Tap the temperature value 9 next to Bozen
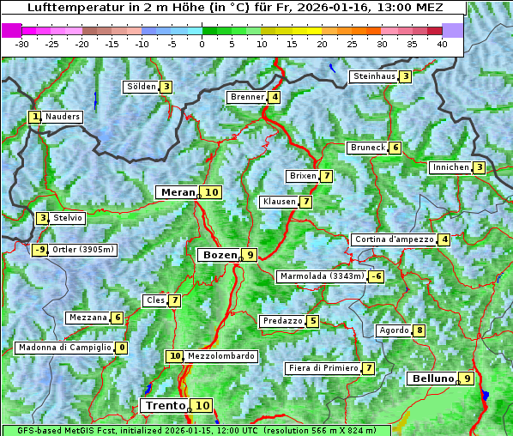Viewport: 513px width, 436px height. coord(249,255)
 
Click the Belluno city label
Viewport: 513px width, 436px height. coord(431,378)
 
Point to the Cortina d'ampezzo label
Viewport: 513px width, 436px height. coord(393,239)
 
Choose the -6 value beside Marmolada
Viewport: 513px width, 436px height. coord(376,276)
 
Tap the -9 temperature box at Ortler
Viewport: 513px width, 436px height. coord(39,251)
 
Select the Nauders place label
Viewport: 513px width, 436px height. coord(63,117)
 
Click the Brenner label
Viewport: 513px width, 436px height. coord(247,97)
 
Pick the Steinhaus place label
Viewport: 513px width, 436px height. coord(374,76)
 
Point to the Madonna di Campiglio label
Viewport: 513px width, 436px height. coord(64,348)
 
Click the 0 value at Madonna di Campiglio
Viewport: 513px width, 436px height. coord(121,348)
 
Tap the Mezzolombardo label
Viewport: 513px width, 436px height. coord(220,356)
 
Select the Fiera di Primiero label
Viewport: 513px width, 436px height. coord(323,368)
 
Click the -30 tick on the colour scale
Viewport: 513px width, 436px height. coord(22,43)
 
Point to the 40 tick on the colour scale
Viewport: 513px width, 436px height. coord(442,43)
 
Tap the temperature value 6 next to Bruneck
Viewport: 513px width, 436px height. coord(395,148)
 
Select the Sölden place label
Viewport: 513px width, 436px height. coord(142,87)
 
